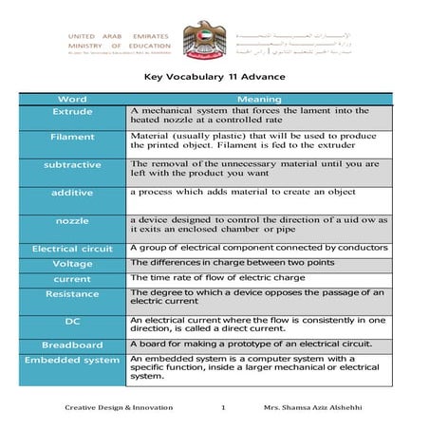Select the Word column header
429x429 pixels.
[x=73, y=99]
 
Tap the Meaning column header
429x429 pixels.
[x=258, y=99]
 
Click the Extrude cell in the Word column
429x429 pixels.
[x=73, y=112]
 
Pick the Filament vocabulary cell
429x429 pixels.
[x=73, y=137]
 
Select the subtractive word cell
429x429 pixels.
[x=73, y=164]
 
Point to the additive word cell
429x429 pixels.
[x=73, y=192]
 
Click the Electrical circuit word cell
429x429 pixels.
[x=73, y=249]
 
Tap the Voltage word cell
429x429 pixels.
[x=73, y=263]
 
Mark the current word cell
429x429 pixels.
[x=73, y=279]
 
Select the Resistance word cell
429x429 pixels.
[x=73, y=294]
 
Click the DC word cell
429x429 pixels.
[x=73, y=323]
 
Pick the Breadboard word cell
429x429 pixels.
[x=73, y=345]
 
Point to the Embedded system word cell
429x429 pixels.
[x=73, y=361]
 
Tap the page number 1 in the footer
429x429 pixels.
[x=221, y=407]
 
